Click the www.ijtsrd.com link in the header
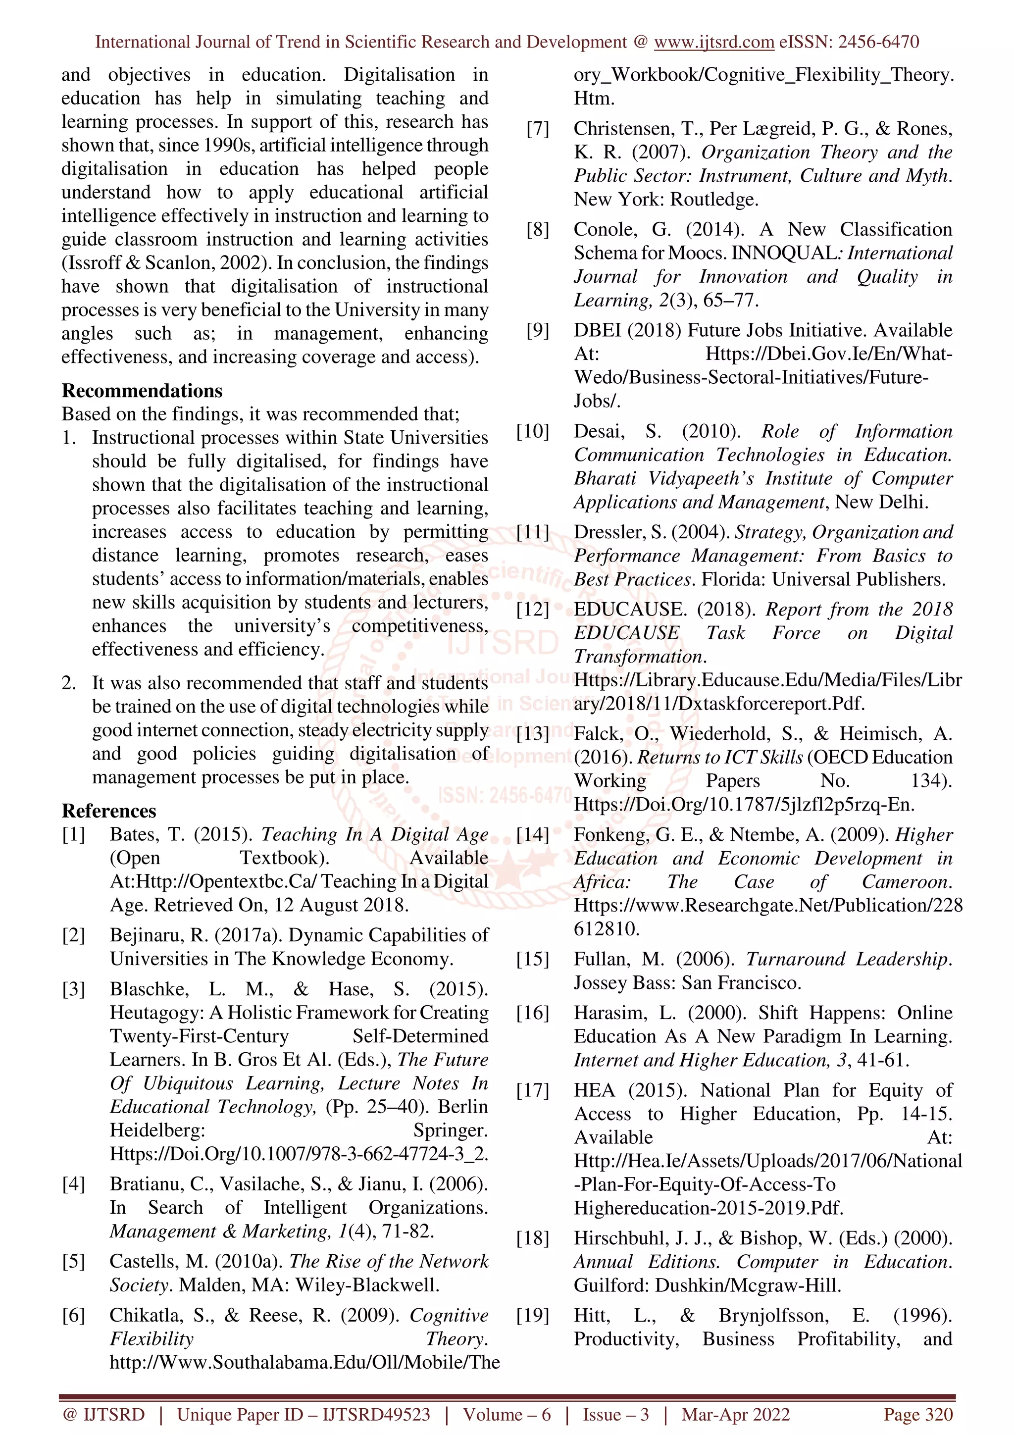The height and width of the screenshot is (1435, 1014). pyautogui.click(x=713, y=42)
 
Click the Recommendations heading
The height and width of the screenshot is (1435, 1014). pyautogui.click(x=142, y=391)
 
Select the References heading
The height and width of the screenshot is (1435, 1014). pyautogui.click(x=109, y=811)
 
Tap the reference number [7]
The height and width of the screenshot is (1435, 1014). pyautogui.click(x=537, y=129)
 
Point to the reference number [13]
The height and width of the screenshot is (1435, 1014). pyautogui.click(x=532, y=734)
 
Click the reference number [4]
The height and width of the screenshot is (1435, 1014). pyautogui.click(x=73, y=1184)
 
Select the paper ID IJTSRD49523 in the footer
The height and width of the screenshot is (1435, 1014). pyautogui.click(x=375, y=1414)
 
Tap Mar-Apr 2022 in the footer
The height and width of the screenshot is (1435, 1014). pyautogui.click(x=735, y=1414)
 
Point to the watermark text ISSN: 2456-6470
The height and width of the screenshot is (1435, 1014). pyautogui.click(x=505, y=796)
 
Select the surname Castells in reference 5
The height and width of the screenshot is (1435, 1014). pyautogui.click(x=142, y=1261)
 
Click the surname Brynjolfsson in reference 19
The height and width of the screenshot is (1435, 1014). pyautogui.click(x=773, y=1316)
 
